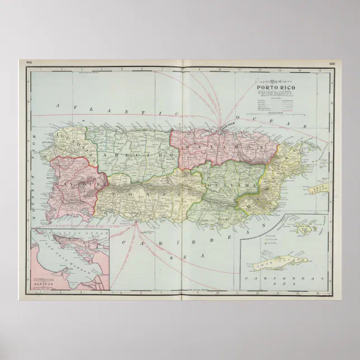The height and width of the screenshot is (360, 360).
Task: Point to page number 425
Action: coord(331,63)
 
